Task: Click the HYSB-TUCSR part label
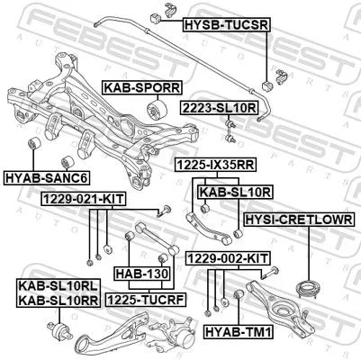(226, 24)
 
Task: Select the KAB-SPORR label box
(141, 87)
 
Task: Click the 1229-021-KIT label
(76, 197)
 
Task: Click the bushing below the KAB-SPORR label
(154, 111)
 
